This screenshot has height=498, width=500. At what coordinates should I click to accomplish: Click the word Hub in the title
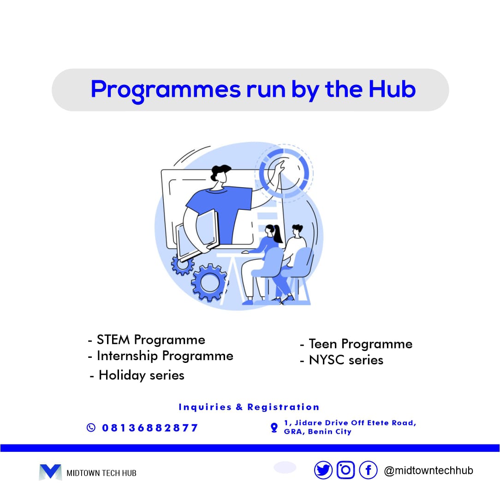coord(392,89)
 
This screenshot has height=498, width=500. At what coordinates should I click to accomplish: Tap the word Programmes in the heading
coord(165,90)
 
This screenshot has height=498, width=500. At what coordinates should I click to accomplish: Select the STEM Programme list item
coord(150,340)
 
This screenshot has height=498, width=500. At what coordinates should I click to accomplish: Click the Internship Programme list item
coord(164,356)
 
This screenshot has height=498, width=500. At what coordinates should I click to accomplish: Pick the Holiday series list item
coord(141,375)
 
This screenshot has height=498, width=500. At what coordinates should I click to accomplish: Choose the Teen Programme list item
coord(360,344)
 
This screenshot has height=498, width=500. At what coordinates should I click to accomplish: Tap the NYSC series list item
coord(345,360)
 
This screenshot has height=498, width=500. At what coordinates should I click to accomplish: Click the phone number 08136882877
coord(150,428)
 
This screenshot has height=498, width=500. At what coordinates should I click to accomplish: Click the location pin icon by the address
coord(274,428)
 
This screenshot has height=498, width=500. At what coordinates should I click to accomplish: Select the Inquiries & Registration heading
coord(249,407)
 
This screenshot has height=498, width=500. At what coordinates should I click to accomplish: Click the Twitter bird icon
coord(323,470)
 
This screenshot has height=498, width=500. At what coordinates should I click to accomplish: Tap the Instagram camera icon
coord(345,470)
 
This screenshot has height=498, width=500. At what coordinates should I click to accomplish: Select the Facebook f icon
coord(368,470)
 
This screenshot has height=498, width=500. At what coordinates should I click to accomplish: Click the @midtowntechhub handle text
coord(429,471)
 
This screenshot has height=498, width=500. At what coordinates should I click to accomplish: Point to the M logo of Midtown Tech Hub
coord(50,472)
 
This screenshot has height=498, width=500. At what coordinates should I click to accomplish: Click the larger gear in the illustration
coord(209,282)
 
